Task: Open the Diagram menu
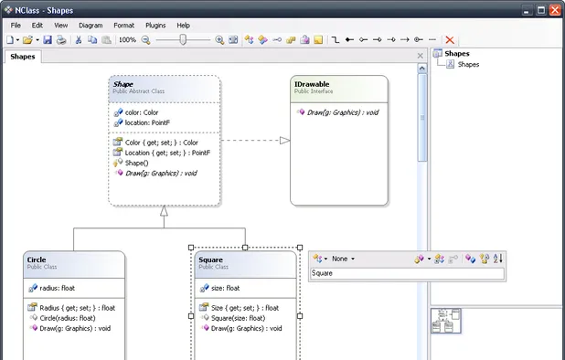tap(91, 26)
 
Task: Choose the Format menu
tap(123, 26)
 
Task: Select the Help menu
tap(184, 26)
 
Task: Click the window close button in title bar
tap(555, 9)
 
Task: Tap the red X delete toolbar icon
tap(450, 40)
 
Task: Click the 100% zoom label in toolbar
tap(127, 40)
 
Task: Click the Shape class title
tap(123, 84)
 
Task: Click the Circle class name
tap(37, 259)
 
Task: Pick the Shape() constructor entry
tap(142, 163)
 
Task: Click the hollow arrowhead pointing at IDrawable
tap(284, 141)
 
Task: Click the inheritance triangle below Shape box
tap(164, 211)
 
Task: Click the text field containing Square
tap(406, 273)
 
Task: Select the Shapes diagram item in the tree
tap(468, 65)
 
